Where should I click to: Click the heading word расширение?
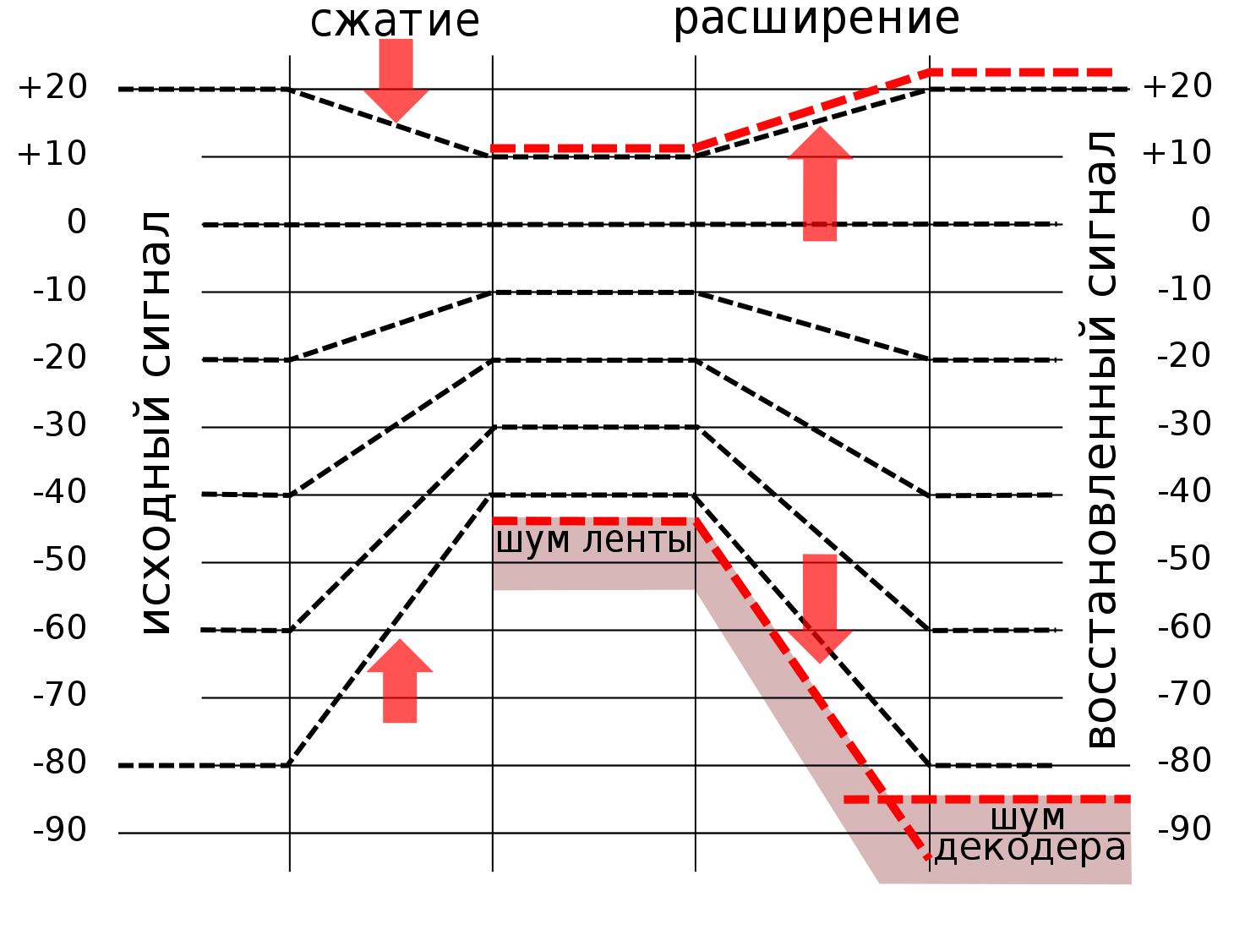click(x=816, y=19)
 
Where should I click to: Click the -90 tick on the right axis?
click(x=1184, y=828)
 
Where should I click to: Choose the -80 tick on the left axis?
click(x=60, y=762)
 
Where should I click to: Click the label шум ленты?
click(x=593, y=540)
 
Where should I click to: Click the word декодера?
click(x=1030, y=848)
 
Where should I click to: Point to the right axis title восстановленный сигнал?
click(x=1100, y=440)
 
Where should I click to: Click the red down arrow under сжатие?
click(x=396, y=79)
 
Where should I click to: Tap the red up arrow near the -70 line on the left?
click(x=400, y=681)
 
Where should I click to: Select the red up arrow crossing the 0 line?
click(x=820, y=183)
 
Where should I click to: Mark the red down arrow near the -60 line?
click(x=820, y=609)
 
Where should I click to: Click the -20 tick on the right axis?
click(x=1184, y=355)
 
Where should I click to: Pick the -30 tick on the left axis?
click(x=60, y=424)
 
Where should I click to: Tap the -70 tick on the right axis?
click(x=1184, y=693)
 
